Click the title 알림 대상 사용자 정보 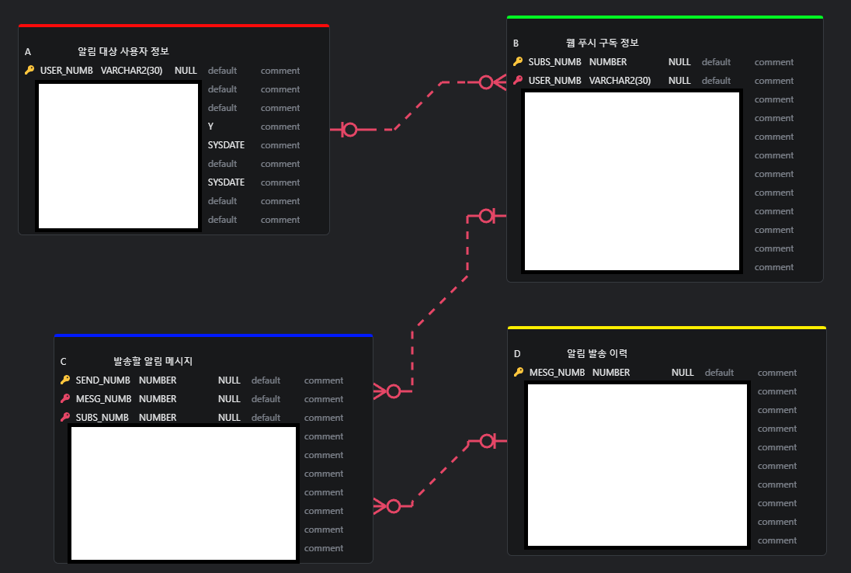123,51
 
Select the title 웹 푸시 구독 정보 603,43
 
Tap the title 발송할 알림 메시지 153,361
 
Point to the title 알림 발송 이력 597,353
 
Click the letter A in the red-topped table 28,52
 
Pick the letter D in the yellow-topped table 517,354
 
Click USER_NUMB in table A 67,71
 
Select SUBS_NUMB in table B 554,62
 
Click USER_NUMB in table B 554,81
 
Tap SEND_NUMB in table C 102,380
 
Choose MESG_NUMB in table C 102,399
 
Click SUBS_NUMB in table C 102,418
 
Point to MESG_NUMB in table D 557,373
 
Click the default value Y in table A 210,127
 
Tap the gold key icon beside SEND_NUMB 65,380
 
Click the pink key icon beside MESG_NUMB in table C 65,399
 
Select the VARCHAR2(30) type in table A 131,71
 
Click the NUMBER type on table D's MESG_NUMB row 611,373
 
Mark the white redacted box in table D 637,464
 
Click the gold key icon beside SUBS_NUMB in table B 518,62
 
